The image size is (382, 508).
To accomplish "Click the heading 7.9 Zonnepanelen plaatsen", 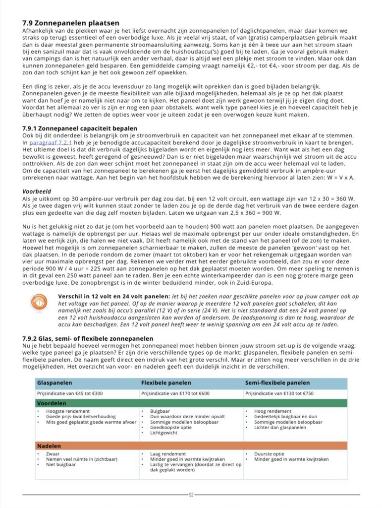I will tap(71, 23).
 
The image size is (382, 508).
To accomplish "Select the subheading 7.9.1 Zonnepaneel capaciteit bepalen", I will tap(80, 128).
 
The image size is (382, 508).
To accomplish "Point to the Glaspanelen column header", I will tap(55, 383).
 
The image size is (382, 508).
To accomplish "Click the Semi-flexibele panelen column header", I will tap(277, 383).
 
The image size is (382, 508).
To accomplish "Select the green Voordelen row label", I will tap(52, 403).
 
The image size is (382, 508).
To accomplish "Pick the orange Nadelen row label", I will tap(49, 446).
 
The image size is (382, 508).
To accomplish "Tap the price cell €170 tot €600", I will tap(174, 393).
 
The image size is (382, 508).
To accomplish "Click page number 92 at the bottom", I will tap(191, 495).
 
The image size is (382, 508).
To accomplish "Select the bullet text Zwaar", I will tap(53, 454).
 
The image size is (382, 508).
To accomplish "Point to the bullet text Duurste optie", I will tap(270, 454).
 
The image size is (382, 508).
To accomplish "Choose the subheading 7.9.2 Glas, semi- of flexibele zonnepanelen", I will tap(88, 338).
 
